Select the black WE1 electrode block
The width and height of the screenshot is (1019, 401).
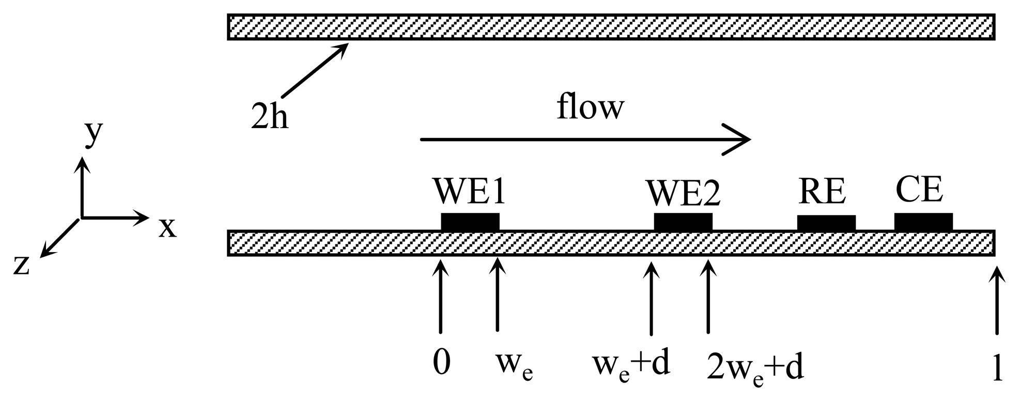tap(470, 222)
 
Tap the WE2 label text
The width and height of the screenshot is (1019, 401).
tap(683, 194)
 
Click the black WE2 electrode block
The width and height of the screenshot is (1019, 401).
tap(683, 222)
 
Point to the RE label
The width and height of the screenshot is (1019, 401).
tap(822, 192)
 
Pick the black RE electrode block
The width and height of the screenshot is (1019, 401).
tap(826, 223)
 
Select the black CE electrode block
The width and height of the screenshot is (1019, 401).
tap(923, 222)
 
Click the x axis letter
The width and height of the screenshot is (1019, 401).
tap(167, 227)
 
